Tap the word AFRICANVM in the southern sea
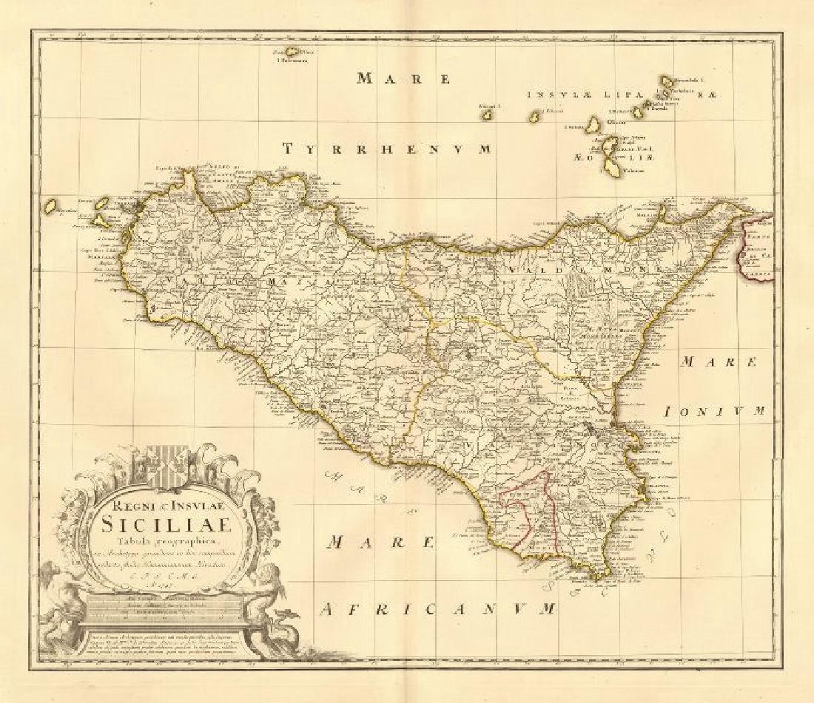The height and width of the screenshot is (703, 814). point(439,609)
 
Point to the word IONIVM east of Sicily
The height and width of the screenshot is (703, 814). point(713,411)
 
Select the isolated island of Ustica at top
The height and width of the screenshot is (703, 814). point(297,53)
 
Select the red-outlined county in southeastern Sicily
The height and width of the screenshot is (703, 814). point(526,510)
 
